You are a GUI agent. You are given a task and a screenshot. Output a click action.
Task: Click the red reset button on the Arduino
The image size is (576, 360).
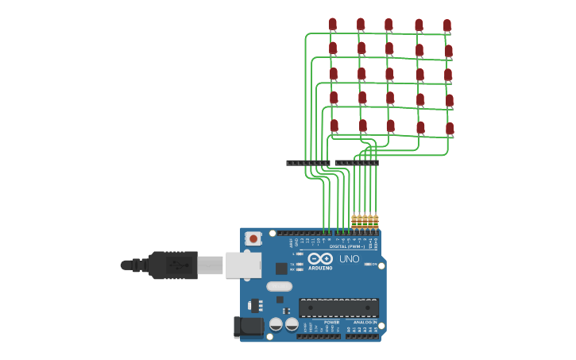[253, 238]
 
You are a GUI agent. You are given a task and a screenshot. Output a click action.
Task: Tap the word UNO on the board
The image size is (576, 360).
[350, 259]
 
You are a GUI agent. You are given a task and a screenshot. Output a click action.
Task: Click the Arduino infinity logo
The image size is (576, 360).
[321, 258]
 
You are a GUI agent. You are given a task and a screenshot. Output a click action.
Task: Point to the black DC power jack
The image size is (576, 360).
[248, 327]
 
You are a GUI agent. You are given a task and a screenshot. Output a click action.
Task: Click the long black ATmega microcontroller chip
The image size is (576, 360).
[338, 308]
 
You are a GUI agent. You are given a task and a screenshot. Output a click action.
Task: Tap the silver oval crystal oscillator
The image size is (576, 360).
[279, 286]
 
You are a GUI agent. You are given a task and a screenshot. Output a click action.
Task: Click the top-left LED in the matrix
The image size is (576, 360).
[333, 25]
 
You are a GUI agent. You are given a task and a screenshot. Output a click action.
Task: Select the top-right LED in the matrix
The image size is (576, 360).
[447, 25]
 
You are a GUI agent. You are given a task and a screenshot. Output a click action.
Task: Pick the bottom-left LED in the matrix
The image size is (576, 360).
[334, 126]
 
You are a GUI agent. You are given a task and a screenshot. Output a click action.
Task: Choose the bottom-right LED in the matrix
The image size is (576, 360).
[450, 128]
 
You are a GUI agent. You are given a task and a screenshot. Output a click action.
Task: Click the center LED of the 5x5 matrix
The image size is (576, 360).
[389, 75]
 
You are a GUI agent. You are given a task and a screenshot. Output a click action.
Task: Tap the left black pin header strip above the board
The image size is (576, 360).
[308, 163]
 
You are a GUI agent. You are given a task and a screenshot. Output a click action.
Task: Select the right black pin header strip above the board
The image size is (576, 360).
[357, 163]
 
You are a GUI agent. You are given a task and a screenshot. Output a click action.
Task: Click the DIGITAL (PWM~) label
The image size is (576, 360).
[347, 246]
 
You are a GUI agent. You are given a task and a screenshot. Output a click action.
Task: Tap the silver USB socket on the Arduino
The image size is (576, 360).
[243, 265]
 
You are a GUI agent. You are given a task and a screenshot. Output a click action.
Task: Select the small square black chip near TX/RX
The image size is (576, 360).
[280, 300]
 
